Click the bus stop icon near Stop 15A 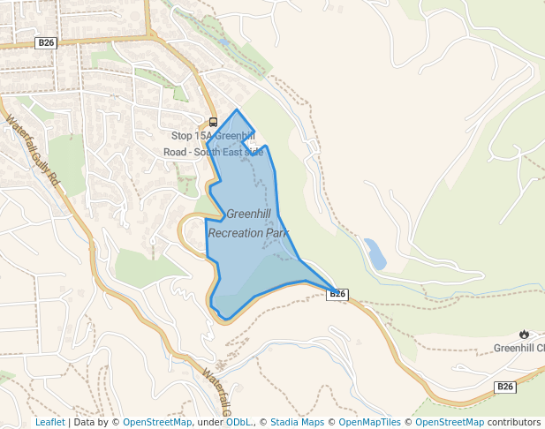tap(213, 123)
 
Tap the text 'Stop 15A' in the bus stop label tap(193, 136)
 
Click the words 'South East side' tap(232, 152)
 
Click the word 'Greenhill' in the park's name tap(248, 214)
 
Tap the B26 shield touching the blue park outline tap(337, 294)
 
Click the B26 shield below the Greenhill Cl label tap(504, 387)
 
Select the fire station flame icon tap(524, 334)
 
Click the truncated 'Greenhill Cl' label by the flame tap(519, 348)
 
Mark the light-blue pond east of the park tap(375, 253)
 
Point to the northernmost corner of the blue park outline tap(237, 110)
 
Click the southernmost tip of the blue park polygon tap(226, 318)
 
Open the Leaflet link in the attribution tap(49, 423)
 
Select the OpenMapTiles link tap(369, 423)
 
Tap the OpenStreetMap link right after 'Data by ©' tap(157, 423)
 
